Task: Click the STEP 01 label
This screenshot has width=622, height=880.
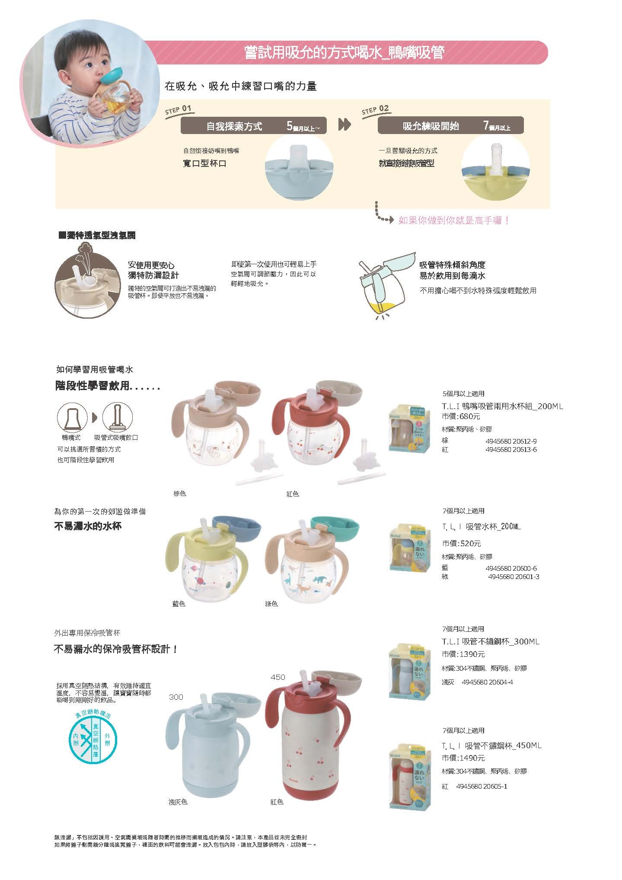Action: click(x=178, y=109)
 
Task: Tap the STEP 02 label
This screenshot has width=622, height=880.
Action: click(x=375, y=109)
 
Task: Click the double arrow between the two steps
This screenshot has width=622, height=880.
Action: click(x=344, y=125)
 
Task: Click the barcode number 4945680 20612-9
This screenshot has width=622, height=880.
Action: click(x=510, y=442)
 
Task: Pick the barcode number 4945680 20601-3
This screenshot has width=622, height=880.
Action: click(x=513, y=576)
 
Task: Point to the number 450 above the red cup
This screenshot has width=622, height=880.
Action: click(x=278, y=677)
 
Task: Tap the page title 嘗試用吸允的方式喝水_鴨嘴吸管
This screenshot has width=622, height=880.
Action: click(x=344, y=53)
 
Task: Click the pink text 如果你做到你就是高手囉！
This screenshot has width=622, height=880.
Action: click(x=454, y=221)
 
